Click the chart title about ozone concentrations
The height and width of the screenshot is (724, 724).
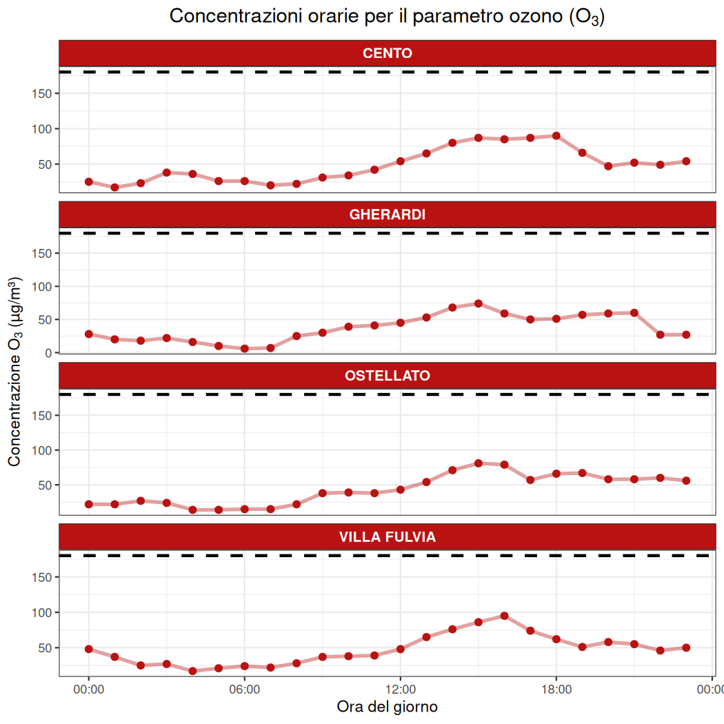coord(387,17)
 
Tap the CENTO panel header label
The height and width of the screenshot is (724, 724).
coord(387,53)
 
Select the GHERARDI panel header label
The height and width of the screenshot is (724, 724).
coord(387,214)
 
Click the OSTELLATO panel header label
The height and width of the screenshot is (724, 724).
coord(387,376)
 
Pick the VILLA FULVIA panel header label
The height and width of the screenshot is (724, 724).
coord(387,537)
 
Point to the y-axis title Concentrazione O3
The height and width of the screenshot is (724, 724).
coord(14,372)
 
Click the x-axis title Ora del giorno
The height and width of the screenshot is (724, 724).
coord(387,707)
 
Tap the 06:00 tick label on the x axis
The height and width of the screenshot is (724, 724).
coord(244,689)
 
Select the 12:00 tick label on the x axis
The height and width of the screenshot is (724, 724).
coord(401,689)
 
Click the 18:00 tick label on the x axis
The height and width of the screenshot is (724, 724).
coord(556,689)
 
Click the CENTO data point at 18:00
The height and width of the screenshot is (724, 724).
coord(556,136)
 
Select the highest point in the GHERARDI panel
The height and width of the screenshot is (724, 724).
coord(479,303)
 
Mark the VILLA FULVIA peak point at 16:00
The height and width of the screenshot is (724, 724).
coord(505,616)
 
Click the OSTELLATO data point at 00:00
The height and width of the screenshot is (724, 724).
coord(89,504)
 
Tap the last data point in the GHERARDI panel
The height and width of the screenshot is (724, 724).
coord(686,334)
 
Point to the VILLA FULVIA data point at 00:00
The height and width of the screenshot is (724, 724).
coord(89,649)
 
